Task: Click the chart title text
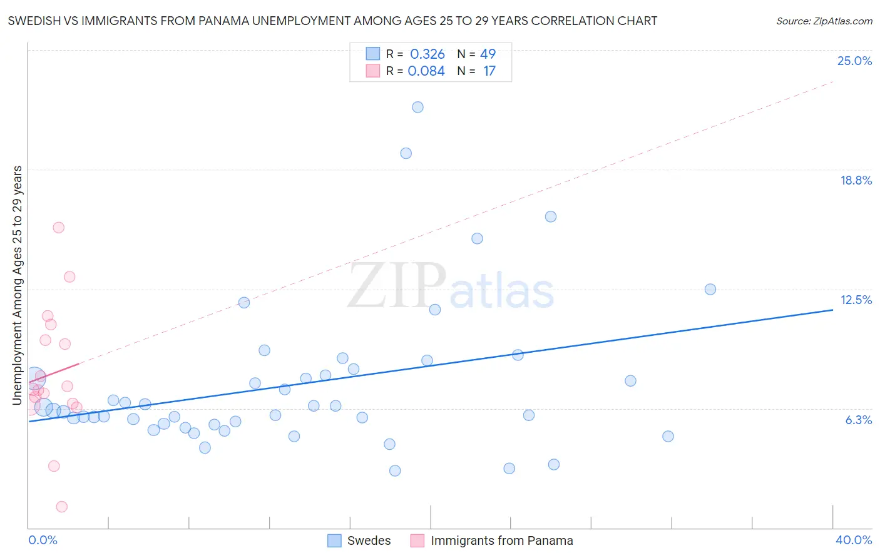[332, 21]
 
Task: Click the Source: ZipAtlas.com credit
[824, 21]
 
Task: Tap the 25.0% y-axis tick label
[854, 61]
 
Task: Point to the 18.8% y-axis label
[856, 180]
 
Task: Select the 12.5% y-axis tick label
[856, 300]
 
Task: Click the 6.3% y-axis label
[858, 420]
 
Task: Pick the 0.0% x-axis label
[43, 540]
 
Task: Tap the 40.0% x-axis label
[853, 540]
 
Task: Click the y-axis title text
[18, 285]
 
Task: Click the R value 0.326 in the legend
[427, 54]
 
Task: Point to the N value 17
[489, 71]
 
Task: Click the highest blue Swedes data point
[417, 107]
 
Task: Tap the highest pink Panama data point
[58, 228]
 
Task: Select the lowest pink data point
[61, 507]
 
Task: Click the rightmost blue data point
[710, 289]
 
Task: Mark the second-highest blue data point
[406, 153]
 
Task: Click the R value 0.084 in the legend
[426, 71]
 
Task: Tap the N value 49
[488, 54]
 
